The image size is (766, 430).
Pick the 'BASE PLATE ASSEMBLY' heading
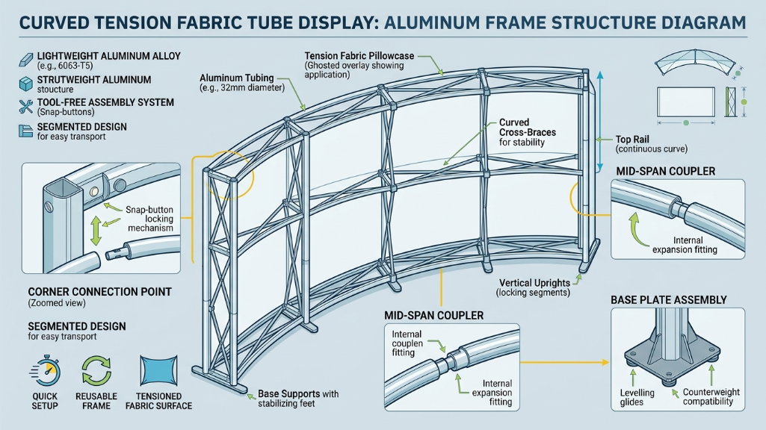668,300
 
